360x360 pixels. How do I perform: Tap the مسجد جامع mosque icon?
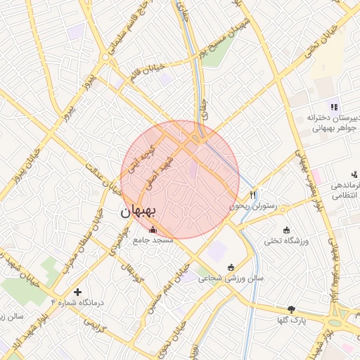pos(153,229)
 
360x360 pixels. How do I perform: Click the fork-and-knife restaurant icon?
pos(253,195)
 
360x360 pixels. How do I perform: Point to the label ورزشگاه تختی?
pos(286,241)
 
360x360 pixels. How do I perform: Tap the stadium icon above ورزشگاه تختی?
pos(286,230)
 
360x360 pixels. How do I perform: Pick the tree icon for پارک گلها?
pos(292,309)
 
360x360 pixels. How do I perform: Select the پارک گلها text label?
pos(292,320)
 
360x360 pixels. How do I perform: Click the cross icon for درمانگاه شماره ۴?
pos(77,291)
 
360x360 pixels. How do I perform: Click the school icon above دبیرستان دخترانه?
pos(334,107)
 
